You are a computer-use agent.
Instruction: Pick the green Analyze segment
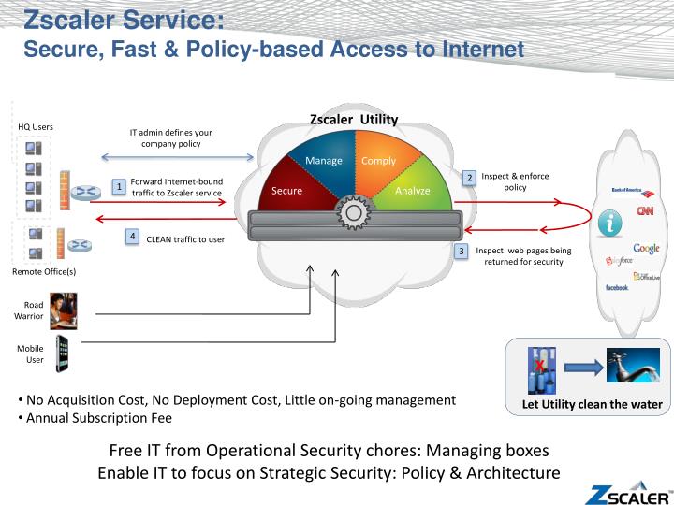pos(413,190)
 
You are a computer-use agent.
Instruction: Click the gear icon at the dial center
pos(353,213)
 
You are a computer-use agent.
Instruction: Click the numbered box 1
pos(119,187)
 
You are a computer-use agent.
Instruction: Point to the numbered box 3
pos(461,251)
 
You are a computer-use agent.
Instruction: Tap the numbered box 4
pos(134,237)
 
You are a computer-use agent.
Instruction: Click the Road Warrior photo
pos(63,310)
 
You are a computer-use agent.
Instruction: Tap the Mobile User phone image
pos(63,353)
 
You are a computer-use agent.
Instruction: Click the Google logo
pos(646,248)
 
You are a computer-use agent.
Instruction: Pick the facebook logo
pos(617,288)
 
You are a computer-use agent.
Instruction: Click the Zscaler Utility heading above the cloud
pos(354,120)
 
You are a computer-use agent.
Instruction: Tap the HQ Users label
pos(36,127)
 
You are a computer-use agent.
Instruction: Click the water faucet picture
pos(632,366)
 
